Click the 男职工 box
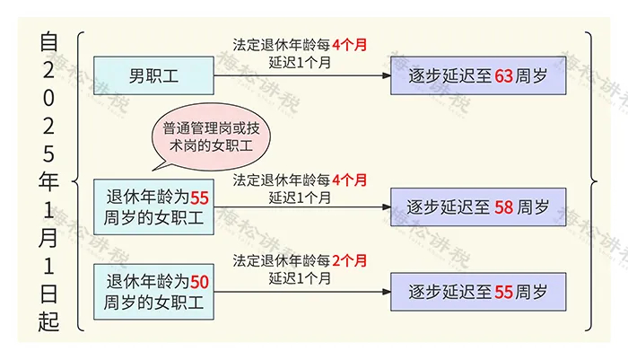click(x=153, y=75)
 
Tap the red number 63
click(x=504, y=75)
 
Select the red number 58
click(x=503, y=207)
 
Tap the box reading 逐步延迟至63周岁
click(x=477, y=75)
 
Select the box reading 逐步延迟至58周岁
click(x=477, y=207)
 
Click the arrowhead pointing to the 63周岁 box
click(x=385, y=75)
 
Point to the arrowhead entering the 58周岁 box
click(x=385, y=207)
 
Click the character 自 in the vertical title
click(x=49, y=41)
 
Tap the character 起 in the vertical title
click(x=49, y=320)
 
